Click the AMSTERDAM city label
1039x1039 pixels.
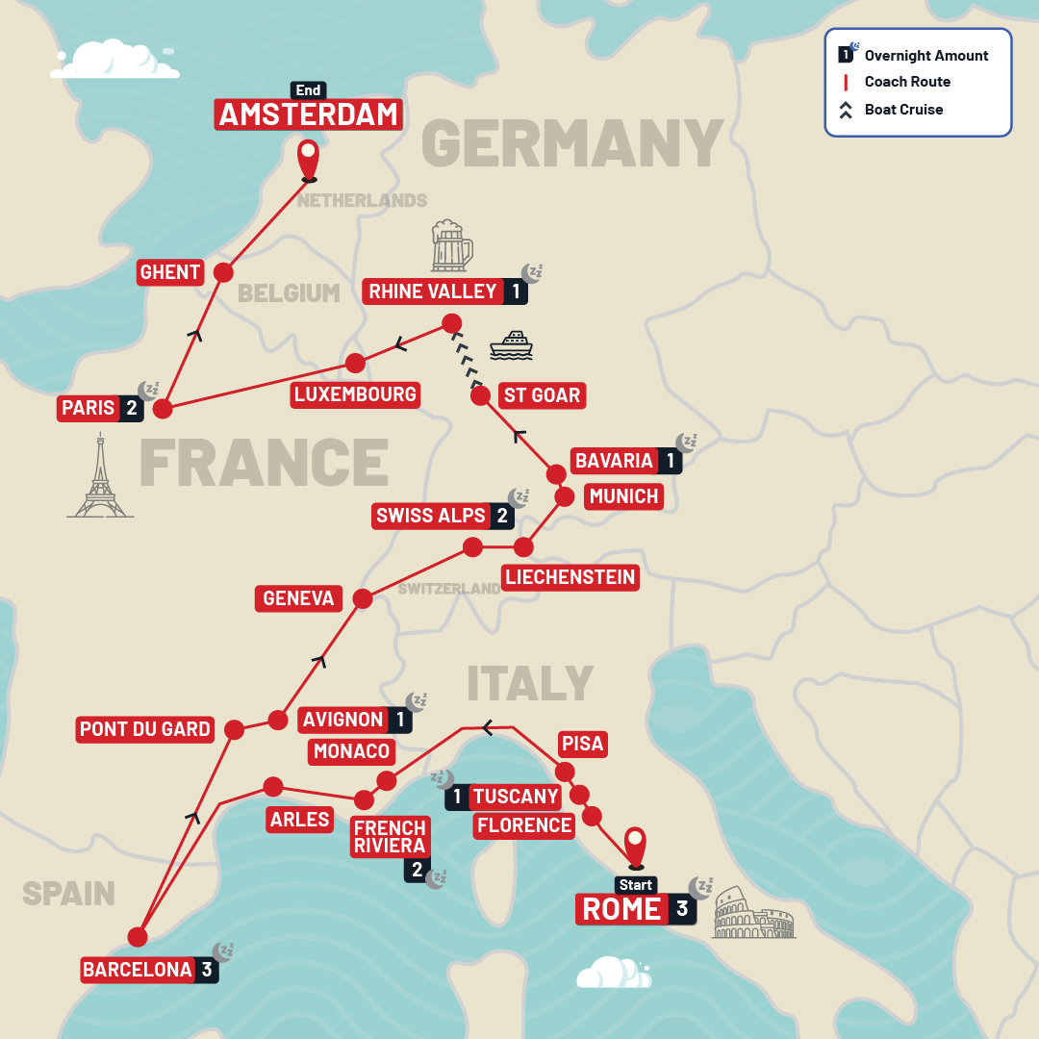[x=308, y=115]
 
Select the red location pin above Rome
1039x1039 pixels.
[x=635, y=847]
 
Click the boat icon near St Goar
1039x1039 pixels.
[x=511, y=346]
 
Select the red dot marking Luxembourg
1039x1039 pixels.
[x=355, y=363]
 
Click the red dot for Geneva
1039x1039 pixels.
[x=363, y=598]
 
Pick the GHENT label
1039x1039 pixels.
[x=170, y=272]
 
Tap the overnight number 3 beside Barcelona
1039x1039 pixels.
[x=207, y=970]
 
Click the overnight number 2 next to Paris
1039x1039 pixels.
[x=130, y=408]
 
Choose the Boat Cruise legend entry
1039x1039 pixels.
[x=903, y=110]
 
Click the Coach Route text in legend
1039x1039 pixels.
[x=907, y=82]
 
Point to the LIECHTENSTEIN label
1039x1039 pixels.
[x=570, y=577]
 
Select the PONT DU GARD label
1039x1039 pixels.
[x=145, y=729]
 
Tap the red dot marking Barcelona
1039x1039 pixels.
[x=138, y=936]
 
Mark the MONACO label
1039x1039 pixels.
[x=352, y=751]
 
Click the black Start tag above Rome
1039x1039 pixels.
[x=636, y=885]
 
